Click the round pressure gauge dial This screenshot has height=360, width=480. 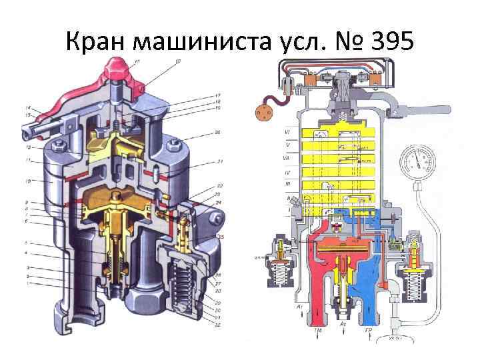(417, 163)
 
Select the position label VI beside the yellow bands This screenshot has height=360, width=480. (287, 133)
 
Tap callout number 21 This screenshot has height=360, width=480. (219, 162)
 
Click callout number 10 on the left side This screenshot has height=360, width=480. (28, 181)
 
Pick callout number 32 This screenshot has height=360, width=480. (219, 324)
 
